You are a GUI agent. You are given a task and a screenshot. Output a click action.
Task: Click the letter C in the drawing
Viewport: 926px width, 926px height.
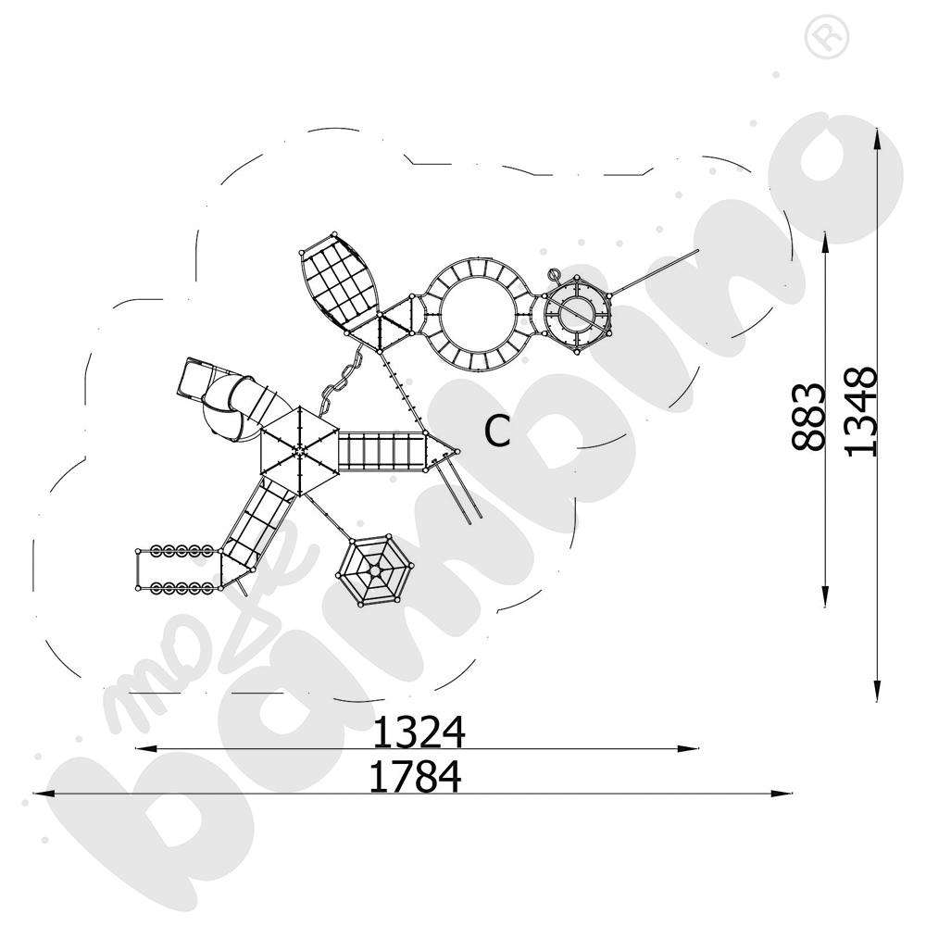[498, 431]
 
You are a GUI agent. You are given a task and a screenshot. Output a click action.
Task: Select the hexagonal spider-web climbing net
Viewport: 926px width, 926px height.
[375, 571]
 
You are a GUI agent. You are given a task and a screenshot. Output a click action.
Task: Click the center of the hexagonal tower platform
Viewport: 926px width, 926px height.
[300, 451]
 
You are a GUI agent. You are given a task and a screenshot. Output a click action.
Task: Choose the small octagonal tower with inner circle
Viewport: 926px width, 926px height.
[578, 314]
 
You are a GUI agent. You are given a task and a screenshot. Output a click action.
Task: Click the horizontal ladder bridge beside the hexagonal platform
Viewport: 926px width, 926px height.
[381, 451]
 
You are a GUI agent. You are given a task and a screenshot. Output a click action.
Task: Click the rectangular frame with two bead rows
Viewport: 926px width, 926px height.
[175, 569]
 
